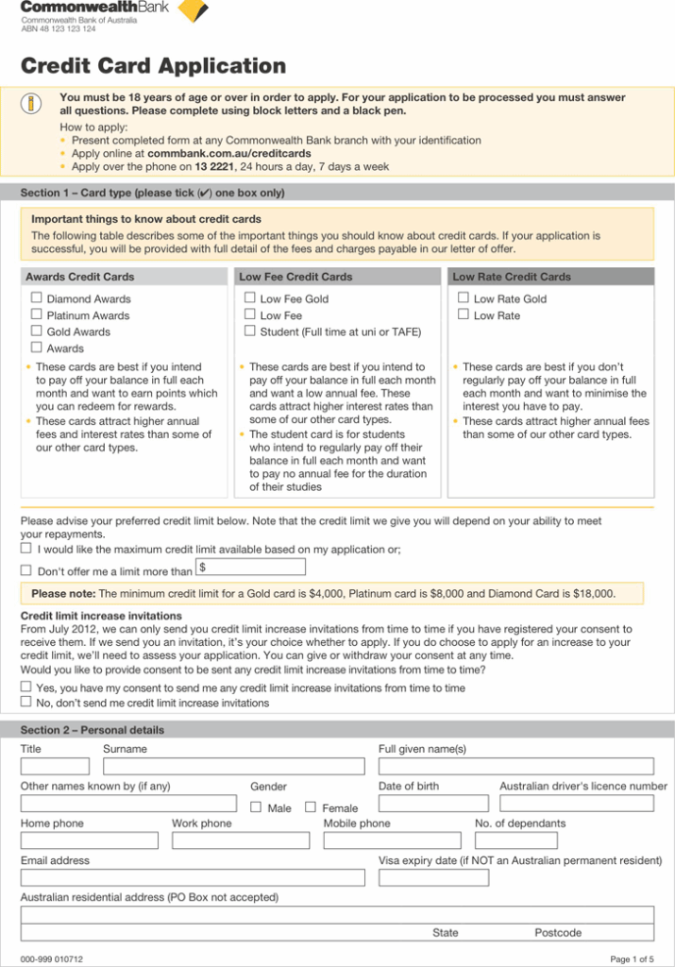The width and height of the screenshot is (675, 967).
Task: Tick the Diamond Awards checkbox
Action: point(37,297)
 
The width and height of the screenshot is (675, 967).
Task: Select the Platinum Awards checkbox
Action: point(37,314)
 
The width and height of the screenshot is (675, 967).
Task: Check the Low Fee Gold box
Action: point(250,297)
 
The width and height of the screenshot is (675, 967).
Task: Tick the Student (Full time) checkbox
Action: point(250,331)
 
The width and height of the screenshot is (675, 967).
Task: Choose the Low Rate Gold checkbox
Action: point(464,297)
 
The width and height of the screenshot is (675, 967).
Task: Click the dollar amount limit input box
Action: point(250,567)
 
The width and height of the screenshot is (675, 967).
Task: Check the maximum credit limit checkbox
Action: point(26,548)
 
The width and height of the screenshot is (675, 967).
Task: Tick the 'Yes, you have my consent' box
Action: point(26,687)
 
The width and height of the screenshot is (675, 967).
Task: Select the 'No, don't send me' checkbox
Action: point(26,702)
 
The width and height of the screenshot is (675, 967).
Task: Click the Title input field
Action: point(55,766)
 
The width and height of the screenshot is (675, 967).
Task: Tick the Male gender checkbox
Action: point(256,807)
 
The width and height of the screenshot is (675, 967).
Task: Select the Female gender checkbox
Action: point(311,807)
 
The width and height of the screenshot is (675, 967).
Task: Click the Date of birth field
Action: point(433,804)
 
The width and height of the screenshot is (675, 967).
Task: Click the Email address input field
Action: point(193,877)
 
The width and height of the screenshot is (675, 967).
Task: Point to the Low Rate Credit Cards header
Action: point(512,277)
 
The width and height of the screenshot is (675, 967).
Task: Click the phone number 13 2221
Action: point(214,166)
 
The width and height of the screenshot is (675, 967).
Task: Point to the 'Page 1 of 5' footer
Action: point(632,959)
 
